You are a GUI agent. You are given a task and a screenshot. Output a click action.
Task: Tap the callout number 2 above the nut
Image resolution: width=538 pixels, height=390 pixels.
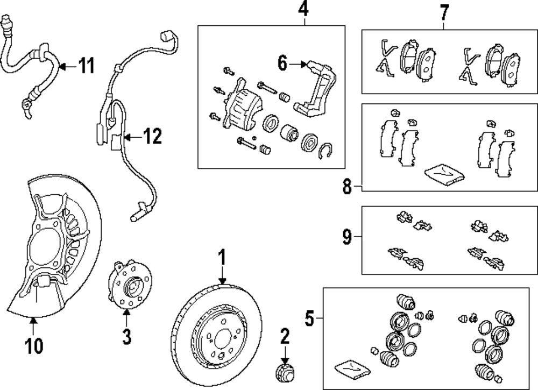click(285, 337)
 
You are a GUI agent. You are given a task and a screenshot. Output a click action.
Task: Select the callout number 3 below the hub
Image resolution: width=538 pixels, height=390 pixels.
click(126, 337)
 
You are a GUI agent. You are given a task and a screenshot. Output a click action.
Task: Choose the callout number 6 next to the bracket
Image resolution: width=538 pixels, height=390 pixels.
click(283, 63)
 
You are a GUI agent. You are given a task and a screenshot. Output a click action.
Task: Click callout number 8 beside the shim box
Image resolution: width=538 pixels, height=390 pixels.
click(347, 187)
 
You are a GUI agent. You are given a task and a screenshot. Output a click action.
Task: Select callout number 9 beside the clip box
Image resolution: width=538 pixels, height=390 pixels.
click(347, 236)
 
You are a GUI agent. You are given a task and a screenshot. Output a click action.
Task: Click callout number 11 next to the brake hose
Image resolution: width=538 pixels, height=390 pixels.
click(86, 66)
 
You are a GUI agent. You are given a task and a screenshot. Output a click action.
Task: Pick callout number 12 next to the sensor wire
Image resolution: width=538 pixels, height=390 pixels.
click(153, 137)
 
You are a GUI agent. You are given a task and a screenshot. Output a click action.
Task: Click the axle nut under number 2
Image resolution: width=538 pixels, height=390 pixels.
click(284, 371)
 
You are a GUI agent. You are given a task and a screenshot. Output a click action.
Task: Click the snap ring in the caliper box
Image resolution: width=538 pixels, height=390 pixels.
click(327, 151)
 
